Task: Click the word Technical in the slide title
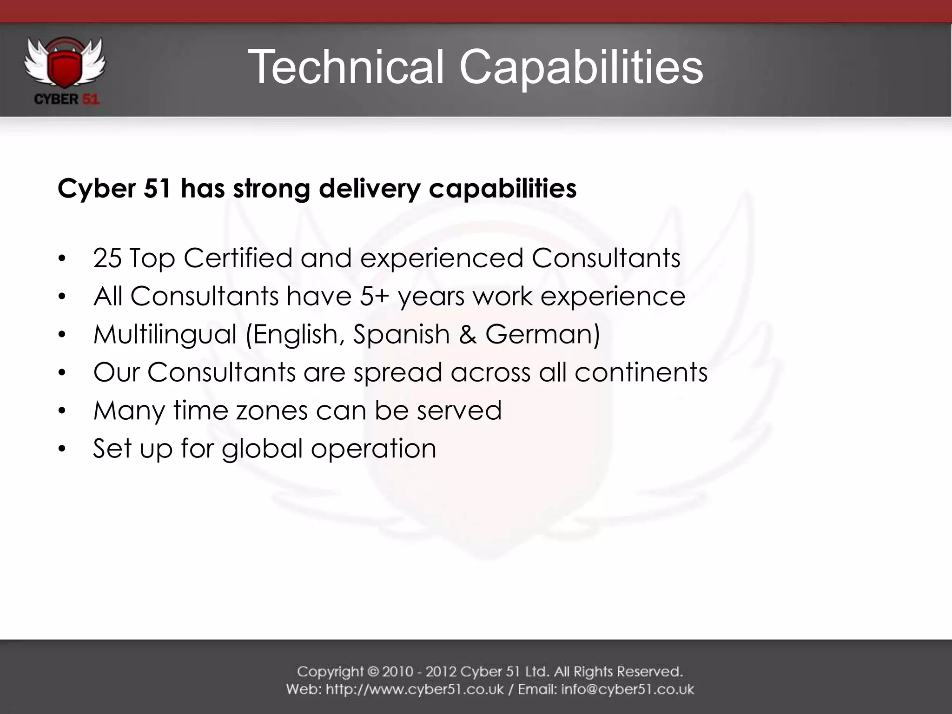point(346,67)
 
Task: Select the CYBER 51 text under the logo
point(66,99)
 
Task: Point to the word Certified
point(238,258)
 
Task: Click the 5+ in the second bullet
point(374,296)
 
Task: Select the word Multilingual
point(165,335)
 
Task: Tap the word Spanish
point(401,335)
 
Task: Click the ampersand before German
point(468,335)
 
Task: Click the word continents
point(641,372)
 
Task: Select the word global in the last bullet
point(262,449)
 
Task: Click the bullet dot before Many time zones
point(62,411)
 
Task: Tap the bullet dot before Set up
point(62,450)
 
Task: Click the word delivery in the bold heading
point(370,189)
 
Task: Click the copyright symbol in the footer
point(373,672)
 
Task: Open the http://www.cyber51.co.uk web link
point(415,689)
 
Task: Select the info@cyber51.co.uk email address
point(628,689)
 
